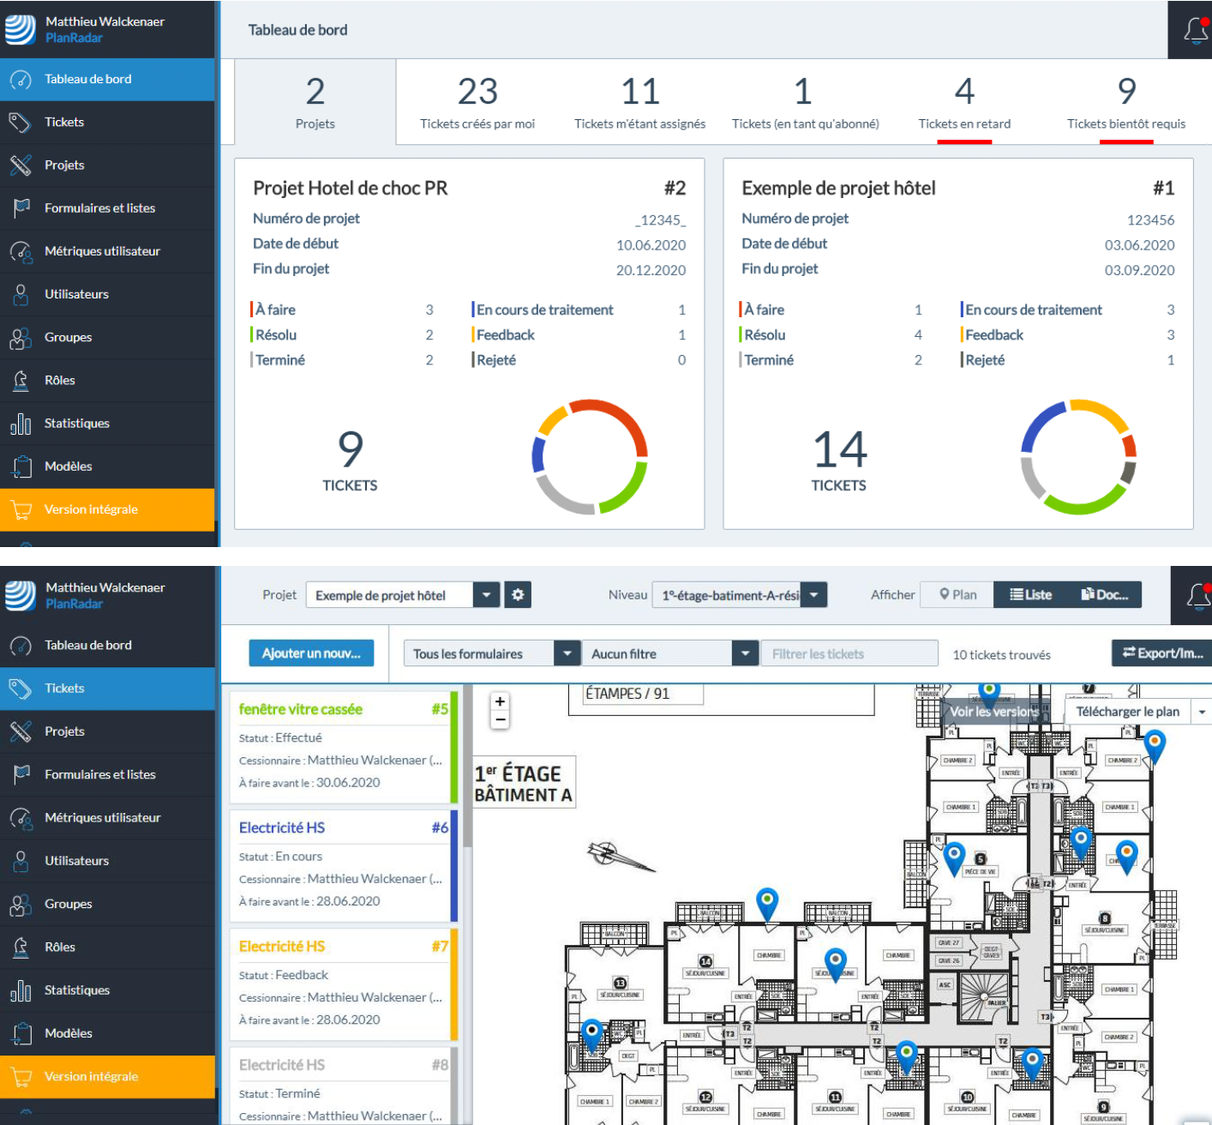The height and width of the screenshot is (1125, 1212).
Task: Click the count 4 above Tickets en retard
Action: pos(964,92)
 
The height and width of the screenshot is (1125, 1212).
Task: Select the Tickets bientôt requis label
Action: pos(1125,123)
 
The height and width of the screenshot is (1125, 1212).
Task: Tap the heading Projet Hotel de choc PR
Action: pos(350,188)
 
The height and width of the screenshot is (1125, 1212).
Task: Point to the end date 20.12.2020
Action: pos(651,270)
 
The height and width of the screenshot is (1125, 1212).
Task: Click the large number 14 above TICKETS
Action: pos(839,449)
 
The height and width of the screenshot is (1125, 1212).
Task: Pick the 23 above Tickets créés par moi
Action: pos(477,92)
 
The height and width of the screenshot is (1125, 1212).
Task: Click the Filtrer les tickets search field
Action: pos(849,654)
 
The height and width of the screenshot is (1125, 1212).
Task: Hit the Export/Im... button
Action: pos(1162,653)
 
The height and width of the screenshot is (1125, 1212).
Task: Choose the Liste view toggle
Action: pos(1030,595)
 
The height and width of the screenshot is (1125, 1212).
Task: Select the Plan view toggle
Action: pos(957,595)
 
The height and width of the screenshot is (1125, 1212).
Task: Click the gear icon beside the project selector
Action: pos(518,595)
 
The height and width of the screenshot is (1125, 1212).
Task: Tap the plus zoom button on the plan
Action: pos(500,701)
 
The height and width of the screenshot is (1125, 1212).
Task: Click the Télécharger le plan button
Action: pos(1126,712)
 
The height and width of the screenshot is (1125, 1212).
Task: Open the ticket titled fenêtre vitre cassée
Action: pos(301,709)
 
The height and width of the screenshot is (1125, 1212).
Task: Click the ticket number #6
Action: pos(440,827)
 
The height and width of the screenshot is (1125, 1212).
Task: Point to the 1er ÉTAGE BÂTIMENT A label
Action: pos(523,784)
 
